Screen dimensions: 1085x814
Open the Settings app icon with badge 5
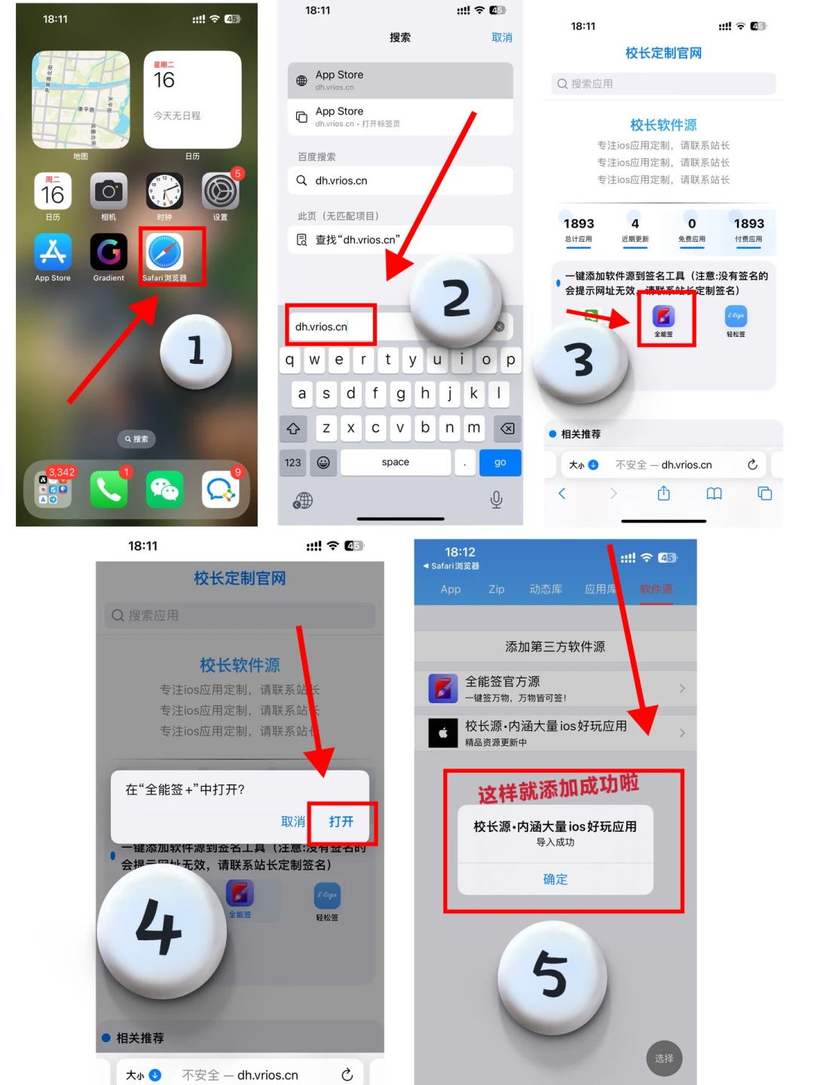[220, 191]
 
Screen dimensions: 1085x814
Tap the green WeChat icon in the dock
[165, 490]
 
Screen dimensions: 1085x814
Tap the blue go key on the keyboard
[500, 463]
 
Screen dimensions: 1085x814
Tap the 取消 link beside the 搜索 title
[501, 38]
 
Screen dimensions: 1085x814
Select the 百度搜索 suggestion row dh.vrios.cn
[399, 181]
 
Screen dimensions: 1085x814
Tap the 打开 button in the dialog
[341, 821]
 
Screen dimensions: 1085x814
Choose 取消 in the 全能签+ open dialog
[292, 821]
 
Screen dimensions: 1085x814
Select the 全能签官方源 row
[555, 688]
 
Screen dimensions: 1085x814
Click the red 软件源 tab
[656, 589]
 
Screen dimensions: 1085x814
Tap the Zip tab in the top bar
[496, 589]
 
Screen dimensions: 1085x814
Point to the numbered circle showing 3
[580, 360]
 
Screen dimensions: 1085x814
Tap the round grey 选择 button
[664, 1059]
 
